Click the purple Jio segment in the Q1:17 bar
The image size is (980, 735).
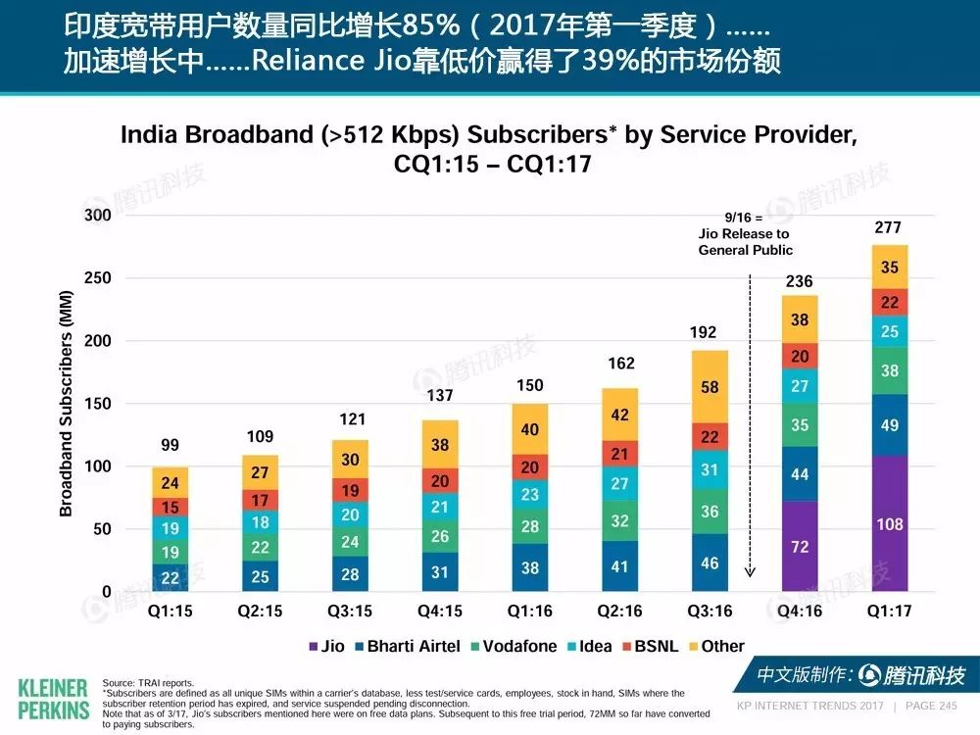[890, 523]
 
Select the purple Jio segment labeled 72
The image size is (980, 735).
[800, 546]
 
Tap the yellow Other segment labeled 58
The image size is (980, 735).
[710, 387]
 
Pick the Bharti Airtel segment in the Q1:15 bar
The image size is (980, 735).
[170, 577]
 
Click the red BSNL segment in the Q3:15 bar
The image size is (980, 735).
[350, 491]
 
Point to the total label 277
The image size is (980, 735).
[888, 227]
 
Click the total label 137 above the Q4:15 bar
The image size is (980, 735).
[440, 395]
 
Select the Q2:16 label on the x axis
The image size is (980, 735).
[619, 611]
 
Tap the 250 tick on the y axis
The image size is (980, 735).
[97, 277]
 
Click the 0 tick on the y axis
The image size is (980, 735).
[106, 591]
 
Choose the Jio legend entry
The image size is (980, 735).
[327, 646]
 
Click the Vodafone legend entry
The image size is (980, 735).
[514, 646]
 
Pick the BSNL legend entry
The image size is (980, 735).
[651, 646]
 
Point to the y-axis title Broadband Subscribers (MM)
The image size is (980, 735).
[66, 404]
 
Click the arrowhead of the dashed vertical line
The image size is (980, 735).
[750, 572]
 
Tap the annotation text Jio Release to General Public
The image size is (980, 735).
[745, 242]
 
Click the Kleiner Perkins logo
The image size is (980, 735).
[54, 700]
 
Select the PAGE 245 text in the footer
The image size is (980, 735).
[931, 706]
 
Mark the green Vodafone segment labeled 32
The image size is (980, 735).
[619, 520]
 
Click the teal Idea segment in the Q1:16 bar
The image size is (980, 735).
[530, 494]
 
